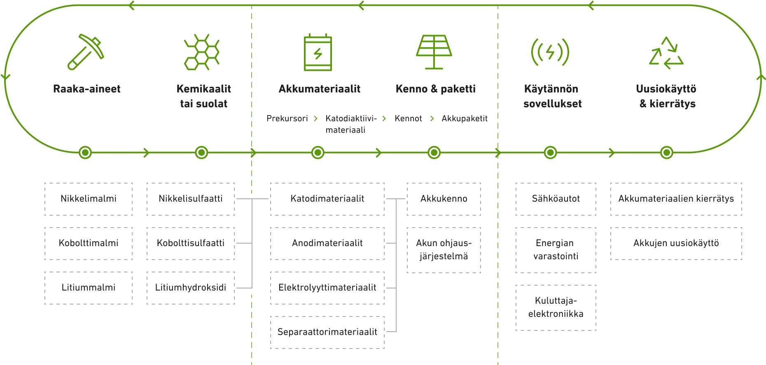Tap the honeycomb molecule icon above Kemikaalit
point(201,52)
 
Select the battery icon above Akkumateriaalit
point(318,52)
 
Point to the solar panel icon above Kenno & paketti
point(434,52)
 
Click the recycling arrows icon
point(666,53)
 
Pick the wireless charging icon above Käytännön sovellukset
point(550,52)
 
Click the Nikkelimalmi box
point(89,199)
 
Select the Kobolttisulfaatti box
point(191,244)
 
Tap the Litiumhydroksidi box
point(191,288)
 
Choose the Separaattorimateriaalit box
point(327,332)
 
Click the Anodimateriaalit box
point(327,244)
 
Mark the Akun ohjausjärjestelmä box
point(444,250)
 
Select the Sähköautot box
point(556,199)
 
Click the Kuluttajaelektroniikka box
point(556,308)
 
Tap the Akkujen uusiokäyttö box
point(676,244)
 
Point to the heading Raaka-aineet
point(87,89)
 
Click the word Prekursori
point(287,119)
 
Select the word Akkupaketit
point(465,119)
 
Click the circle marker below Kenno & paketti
point(434,153)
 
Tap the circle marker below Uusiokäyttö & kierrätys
point(667,153)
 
